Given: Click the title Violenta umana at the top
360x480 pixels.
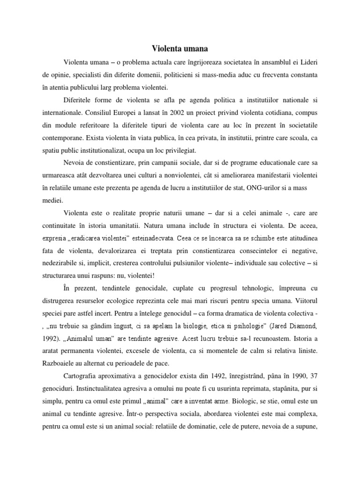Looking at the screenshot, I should point(180,48).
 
